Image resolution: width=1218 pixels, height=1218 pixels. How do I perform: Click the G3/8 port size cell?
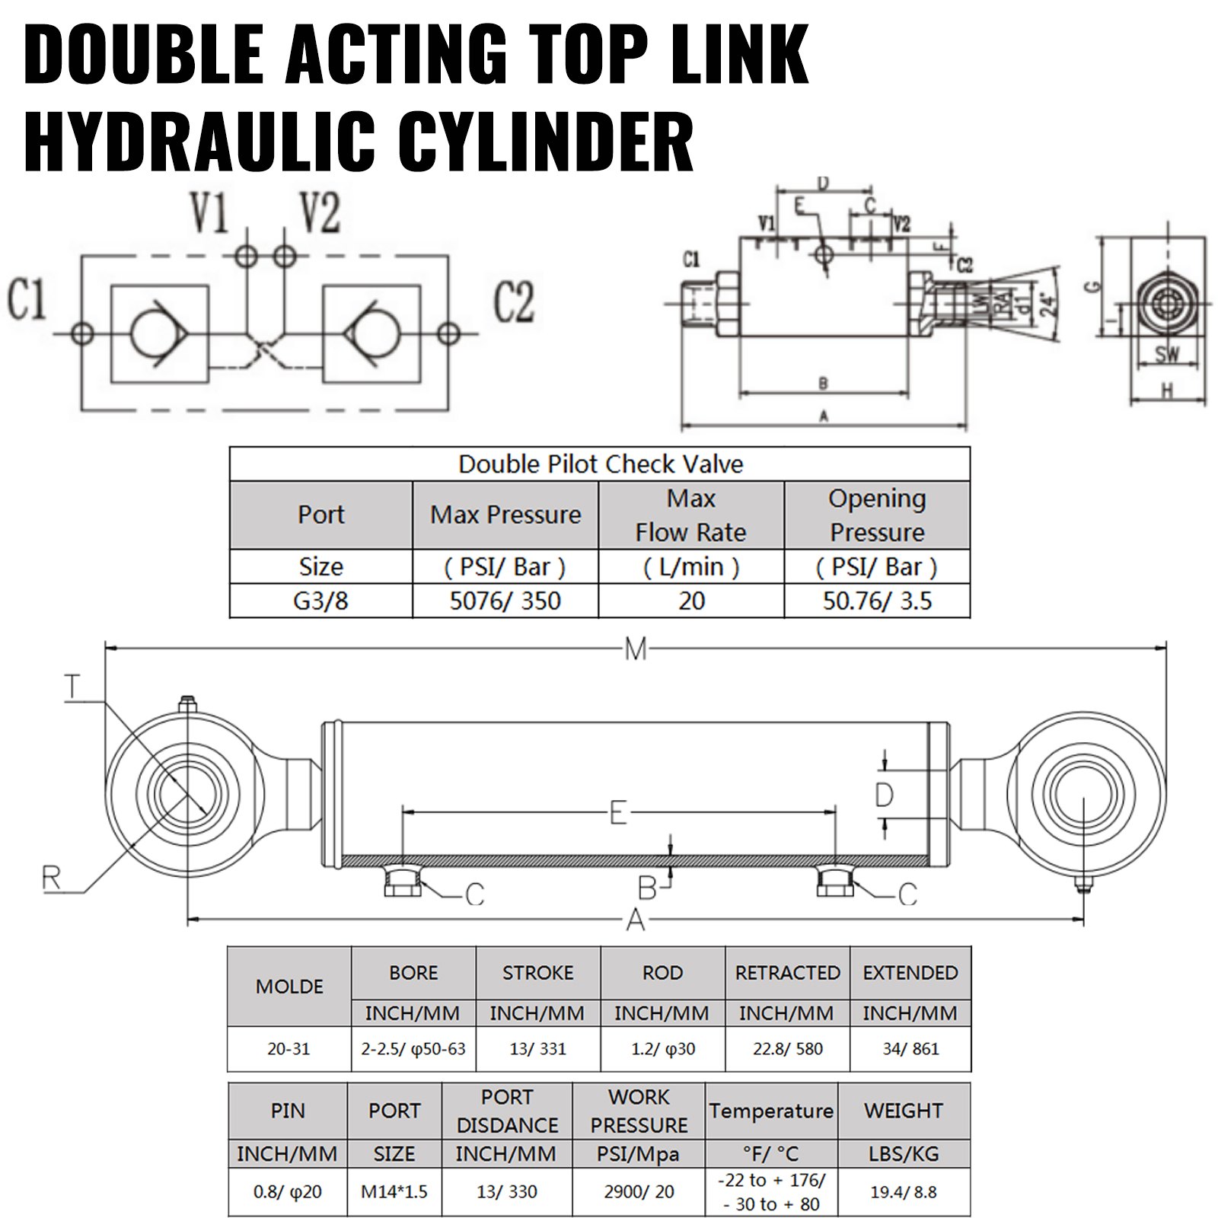pyautogui.click(x=320, y=601)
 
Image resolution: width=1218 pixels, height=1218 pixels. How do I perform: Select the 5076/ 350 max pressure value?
pyautogui.click(x=505, y=601)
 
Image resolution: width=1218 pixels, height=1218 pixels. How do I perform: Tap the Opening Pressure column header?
pyautogui.click(x=877, y=515)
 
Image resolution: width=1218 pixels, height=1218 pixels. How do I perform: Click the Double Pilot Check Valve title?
pyautogui.click(x=600, y=464)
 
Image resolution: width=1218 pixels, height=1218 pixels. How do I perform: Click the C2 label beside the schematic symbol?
pyautogui.click(x=513, y=301)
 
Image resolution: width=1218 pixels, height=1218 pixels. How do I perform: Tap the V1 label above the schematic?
pyautogui.click(x=209, y=214)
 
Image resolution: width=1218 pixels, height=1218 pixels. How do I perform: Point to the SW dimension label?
pyautogui.click(x=1166, y=355)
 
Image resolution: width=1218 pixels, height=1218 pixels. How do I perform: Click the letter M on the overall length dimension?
pyautogui.click(x=636, y=649)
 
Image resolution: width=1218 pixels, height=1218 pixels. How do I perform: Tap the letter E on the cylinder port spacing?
pyautogui.click(x=618, y=813)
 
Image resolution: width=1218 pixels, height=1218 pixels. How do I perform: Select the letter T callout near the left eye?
pyautogui.click(x=72, y=688)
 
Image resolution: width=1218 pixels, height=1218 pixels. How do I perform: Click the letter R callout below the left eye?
pyautogui.click(x=51, y=878)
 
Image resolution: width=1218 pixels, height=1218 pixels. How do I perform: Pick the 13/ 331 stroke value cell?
pyautogui.click(x=537, y=1049)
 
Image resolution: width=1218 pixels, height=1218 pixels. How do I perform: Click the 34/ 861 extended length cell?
pyautogui.click(x=910, y=1049)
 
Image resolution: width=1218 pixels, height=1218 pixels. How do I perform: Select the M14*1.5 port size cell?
pyautogui.click(x=394, y=1191)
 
